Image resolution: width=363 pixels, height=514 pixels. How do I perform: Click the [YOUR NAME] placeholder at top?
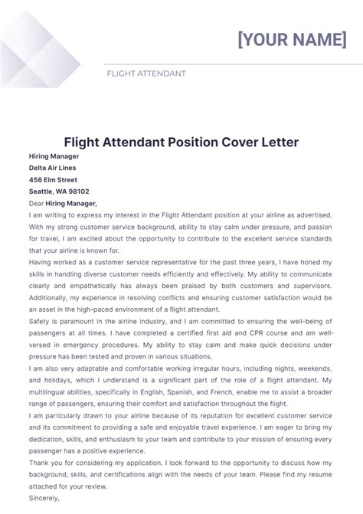tap(292, 39)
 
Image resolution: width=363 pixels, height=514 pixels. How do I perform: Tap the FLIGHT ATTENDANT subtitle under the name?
tap(146, 74)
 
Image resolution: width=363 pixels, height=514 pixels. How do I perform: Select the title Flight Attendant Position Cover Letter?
tap(181, 142)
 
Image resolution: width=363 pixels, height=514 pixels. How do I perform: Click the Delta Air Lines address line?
tap(53, 168)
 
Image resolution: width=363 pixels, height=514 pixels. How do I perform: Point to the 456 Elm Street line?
tap(53, 179)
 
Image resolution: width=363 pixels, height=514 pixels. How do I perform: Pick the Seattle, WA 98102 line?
tap(59, 192)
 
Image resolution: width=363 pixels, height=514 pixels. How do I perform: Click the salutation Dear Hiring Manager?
tap(63, 203)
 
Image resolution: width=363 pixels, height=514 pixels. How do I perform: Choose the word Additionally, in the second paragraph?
tap(53, 297)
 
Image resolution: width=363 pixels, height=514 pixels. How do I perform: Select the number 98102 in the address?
tap(78, 192)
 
